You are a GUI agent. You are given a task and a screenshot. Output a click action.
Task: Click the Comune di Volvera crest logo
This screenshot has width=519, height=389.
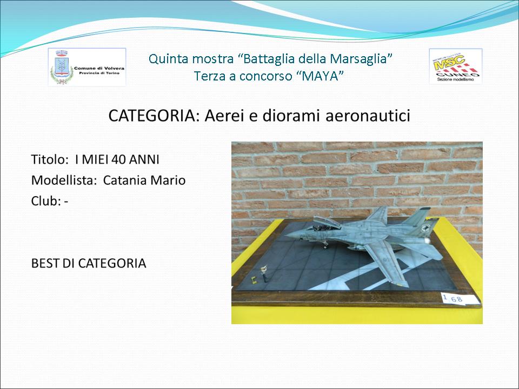tap(87, 67)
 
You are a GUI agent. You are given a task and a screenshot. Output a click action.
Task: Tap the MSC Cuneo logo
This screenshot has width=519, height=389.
tap(455, 66)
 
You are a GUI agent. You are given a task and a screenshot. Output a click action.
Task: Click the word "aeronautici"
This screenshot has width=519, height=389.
tap(368, 116)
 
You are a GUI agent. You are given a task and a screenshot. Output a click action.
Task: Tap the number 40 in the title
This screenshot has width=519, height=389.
tap(118, 160)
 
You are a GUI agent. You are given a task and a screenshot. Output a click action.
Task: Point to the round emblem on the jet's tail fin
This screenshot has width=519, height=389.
tap(425, 229)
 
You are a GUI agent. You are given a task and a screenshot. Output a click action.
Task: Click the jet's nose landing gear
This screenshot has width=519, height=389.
tap(325, 244)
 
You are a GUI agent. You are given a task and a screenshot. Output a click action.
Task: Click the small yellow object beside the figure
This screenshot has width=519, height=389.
tap(254, 280)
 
